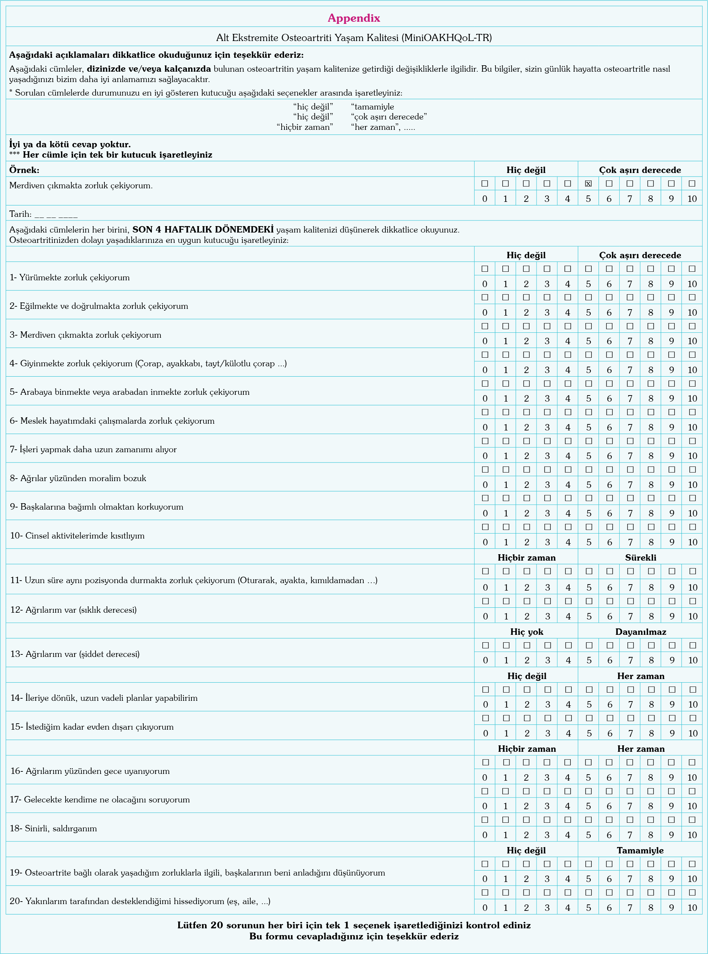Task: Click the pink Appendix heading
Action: pyautogui.click(x=354, y=18)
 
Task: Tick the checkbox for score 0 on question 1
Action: pyautogui.click(x=485, y=269)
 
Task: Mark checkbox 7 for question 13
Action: pyautogui.click(x=630, y=645)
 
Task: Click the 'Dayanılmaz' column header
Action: pyautogui.click(x=640, y=632)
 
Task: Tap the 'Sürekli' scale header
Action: pyautogui.click(x=640, y=557)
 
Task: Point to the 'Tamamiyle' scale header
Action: pyautogui.click(x=640, y=850)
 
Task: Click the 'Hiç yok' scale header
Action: pyautogui.click(x=527, y=632)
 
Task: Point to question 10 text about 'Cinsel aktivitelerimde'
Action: pyautogui.click(x=77, y=536)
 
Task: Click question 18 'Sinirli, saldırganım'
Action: pyautogui.click(x=53, y=828)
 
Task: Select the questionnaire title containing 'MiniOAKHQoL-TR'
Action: pyautogui.click(x=354, y=38)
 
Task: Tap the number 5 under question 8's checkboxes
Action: pyautogui.click(x=589, y=485)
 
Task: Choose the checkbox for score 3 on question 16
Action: pyautogui.click(x=547, y=762)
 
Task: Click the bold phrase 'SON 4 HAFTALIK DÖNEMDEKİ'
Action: pyautogui.click(x=203, y=230)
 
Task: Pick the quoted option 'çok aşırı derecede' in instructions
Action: pyautogui.click(x=389, y=117)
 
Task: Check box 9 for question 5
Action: pyautogui.click(x=672, y=384)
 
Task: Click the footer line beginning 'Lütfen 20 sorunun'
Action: pyautogui.click(x=354, y=925)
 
